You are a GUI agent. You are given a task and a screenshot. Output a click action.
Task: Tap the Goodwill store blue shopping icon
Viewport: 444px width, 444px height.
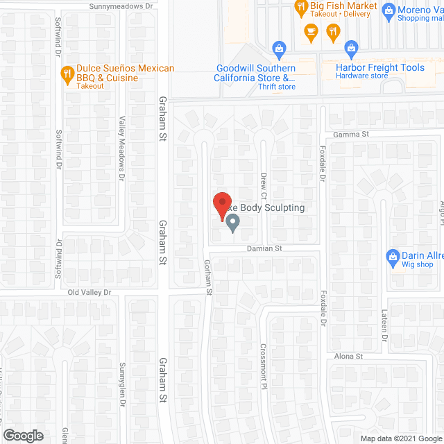coord(279,49)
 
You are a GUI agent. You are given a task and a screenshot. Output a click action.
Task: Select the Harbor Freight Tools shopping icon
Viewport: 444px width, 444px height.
coord(351,49)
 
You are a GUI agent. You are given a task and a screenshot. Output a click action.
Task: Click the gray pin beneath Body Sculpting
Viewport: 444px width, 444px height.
coord(232,223)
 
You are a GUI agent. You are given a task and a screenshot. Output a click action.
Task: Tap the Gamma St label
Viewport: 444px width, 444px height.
coord(350,135)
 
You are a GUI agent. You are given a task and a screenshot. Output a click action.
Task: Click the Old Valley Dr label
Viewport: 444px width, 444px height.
coord(89,293)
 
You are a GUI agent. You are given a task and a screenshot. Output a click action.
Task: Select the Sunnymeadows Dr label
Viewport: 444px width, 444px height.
coord(121,6)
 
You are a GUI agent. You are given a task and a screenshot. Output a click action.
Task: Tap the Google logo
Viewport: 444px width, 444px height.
coord(23,436)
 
